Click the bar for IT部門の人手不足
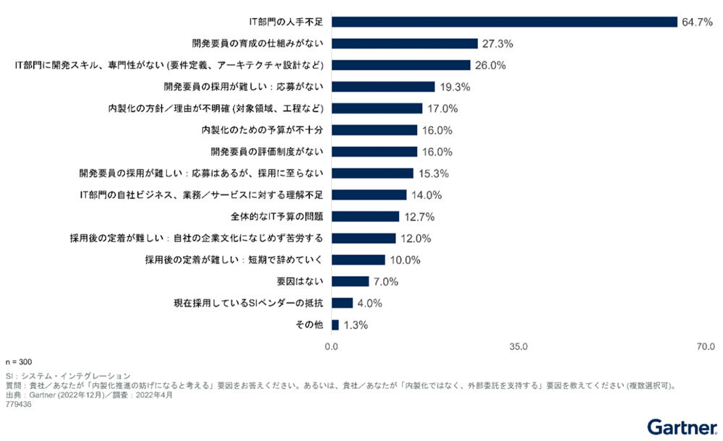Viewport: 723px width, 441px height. tap(504, 22)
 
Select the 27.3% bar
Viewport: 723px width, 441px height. tap(405, 43)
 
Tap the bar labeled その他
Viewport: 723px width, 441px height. tap(335, 325)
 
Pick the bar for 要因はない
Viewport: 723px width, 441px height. tap(351, 281)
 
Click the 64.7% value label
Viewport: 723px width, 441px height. tap(697, 22)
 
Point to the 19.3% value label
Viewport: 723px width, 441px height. tap(455, 87)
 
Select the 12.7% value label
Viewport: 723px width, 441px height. tap(419, 216)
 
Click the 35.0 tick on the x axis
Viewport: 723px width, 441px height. tap(518, 346)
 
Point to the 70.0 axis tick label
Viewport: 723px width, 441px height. tap(705, 346)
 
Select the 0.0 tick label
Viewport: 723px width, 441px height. tap(332, 346)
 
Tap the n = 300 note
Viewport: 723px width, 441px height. tap(19, 361)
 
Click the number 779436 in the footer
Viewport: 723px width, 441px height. tap(18, 404)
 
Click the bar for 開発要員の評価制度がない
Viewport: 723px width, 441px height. tap(375, 152)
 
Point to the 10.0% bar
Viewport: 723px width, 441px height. tap(359, 260)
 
